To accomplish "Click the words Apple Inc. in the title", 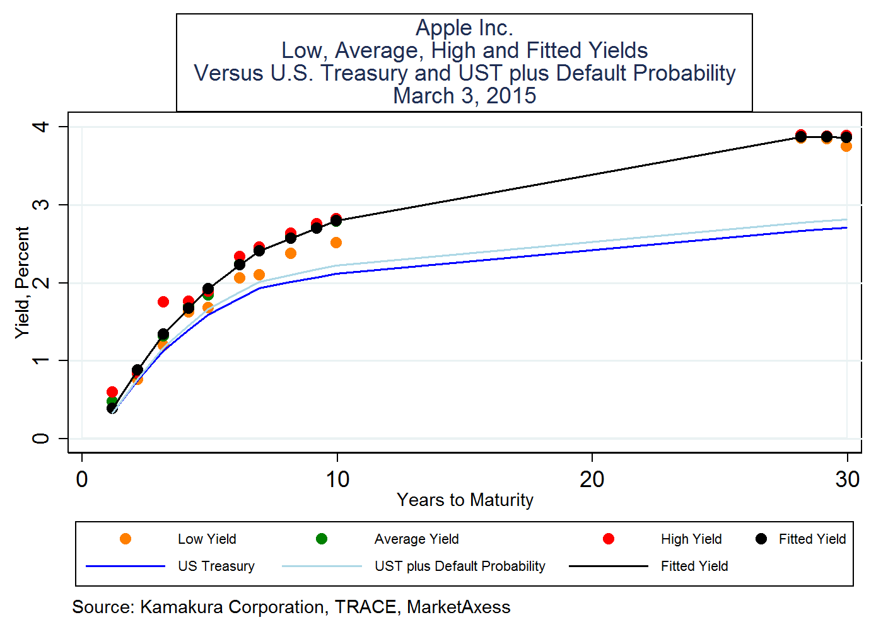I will pyautogui.click(x=464, y=28).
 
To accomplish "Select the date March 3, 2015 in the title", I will pyautogui.click(x=464, y=96).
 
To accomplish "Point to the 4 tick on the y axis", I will pyautogui.click(x=41, y=127).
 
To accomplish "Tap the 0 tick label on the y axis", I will pyautogui.click(x=41, y=438).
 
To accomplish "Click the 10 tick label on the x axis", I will pyautogui.click(x=337, y=480).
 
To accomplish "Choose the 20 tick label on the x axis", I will pyautogui.click(x=592, y=480).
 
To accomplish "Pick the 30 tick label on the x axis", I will pyautogui.click(x=847, y=480).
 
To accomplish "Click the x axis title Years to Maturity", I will pyautogui.click(x=465, y=500).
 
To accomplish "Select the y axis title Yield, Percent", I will pyautogui.click(x=23, y=282).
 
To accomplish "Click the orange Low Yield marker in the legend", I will pyautogui.click(x=126, y=539).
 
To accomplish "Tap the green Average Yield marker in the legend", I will pyautogui.click(x=322, y=539).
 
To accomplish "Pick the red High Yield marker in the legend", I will pyautogui.click(x=609, y=539).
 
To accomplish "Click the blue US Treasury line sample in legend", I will pyautogui.click(x=126, y=566).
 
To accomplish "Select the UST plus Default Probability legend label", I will pyautogui.click(x=460, y=566).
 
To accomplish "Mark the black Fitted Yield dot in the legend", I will pyautogui.click(x=761, y=539).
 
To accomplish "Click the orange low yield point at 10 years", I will pyautogui.click(x=336, y=243).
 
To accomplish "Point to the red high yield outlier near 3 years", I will pyautogui.click(x=163, y=302).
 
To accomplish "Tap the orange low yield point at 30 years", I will pyautogui.click(x=846, y=146).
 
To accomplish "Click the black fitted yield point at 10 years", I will pyautogui.click(x=336, y=221).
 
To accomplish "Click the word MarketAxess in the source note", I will pyautogui.click(x=458, y=607).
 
